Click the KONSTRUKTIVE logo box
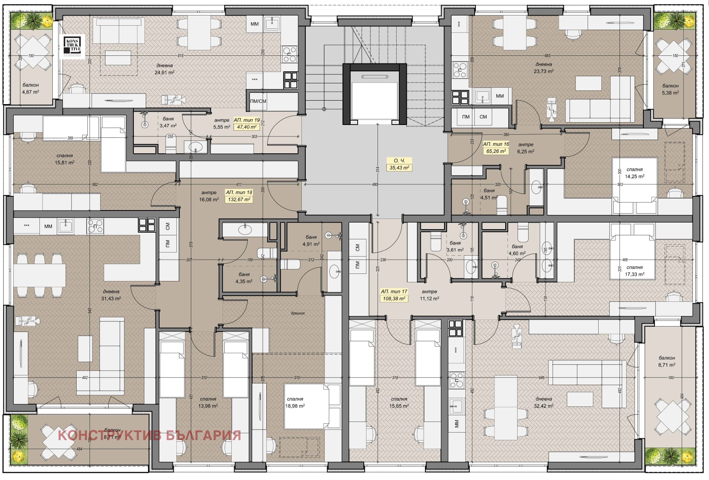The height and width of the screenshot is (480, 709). coord(73,47)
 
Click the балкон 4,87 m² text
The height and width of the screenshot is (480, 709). coord(31,88)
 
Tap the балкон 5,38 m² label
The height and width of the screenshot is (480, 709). coord(670,89)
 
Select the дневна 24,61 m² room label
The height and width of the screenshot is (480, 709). coord(164,69)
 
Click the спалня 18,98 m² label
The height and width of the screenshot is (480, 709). coord(295,402)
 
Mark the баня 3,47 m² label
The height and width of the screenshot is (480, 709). coord(168,122)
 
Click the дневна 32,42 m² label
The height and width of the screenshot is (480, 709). coord(543,402)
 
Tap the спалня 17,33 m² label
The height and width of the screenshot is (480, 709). coord(634,270)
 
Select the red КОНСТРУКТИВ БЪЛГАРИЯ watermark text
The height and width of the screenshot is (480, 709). coord(149,435)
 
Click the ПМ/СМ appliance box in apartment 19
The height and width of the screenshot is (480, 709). coord(258,101)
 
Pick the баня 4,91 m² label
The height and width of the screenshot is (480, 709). coord(311,241)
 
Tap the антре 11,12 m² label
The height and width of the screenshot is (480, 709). coord(429,295)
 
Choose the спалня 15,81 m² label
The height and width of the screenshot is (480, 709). coord(65,159)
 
